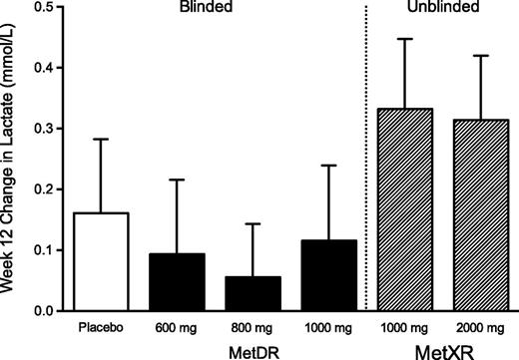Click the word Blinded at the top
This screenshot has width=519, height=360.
click(217, 8)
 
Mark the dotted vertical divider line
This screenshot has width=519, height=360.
click(366, 160)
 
